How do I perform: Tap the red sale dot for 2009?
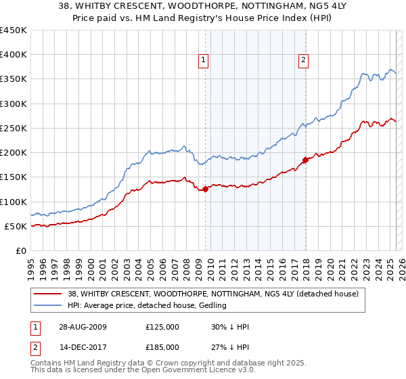[206, 189]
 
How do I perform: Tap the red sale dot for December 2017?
[305, 160]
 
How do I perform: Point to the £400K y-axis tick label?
[14, 55]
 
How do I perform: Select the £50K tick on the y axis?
[16, 226]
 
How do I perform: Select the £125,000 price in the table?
[162, 327]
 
